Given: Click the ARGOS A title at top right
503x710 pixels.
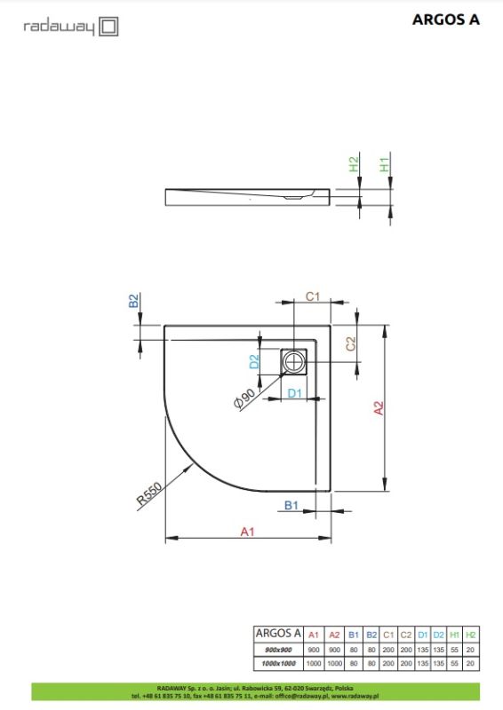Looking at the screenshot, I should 447,20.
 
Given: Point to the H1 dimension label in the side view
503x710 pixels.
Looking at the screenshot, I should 384,165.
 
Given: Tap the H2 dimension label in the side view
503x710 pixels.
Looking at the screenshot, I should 354,165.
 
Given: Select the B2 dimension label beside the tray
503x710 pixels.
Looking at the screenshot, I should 134,302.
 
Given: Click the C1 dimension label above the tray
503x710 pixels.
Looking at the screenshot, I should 313,297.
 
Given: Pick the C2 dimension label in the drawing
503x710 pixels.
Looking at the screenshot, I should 351,343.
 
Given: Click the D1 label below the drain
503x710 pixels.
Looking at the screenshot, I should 294,392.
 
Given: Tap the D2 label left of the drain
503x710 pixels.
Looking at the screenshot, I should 253,362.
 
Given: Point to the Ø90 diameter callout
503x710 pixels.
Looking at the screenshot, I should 245,398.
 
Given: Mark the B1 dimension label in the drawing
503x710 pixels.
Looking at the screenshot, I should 290,505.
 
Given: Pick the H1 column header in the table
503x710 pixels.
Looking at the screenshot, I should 455,635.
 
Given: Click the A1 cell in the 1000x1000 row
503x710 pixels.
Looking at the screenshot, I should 313,664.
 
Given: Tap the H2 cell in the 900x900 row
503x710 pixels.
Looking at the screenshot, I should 471,651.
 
